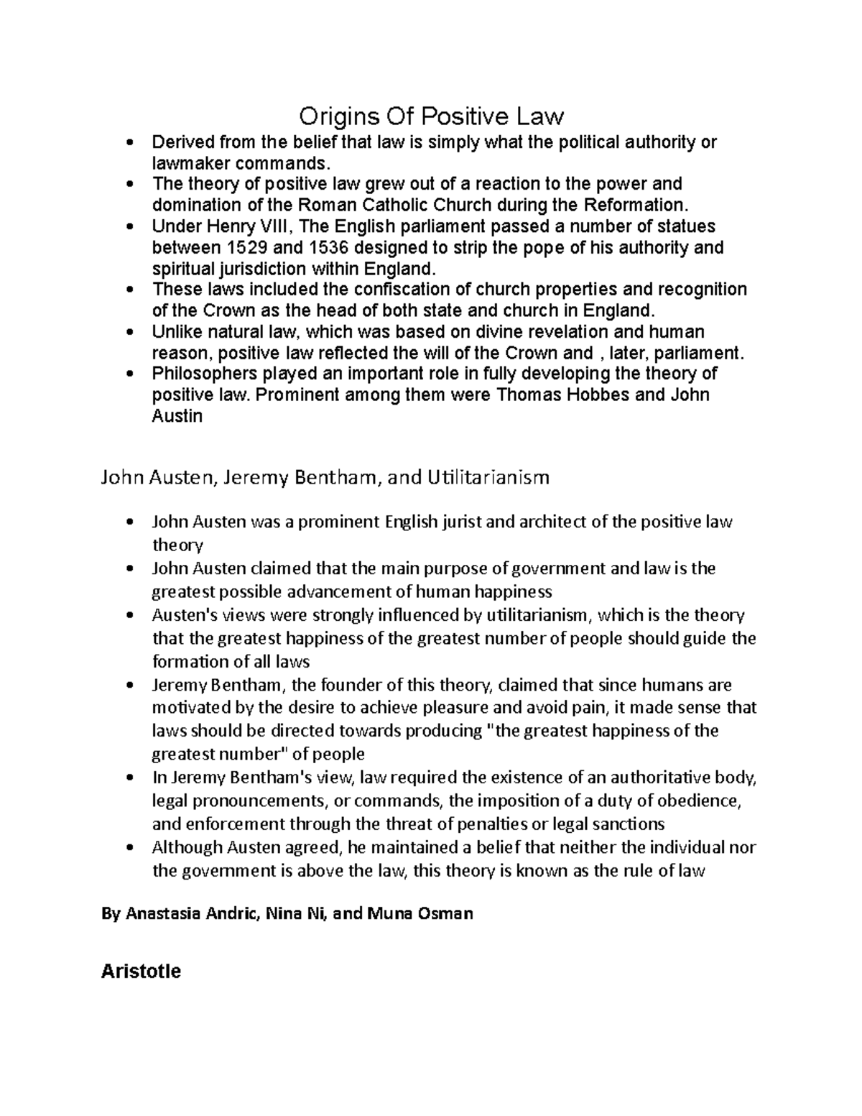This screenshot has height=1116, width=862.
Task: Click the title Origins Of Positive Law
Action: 431,115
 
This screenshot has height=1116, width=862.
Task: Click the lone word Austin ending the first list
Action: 177,416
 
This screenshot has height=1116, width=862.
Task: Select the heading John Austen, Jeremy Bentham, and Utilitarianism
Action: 325,477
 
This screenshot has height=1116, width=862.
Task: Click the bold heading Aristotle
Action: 141,972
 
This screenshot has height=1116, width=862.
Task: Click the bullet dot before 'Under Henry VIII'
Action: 129,227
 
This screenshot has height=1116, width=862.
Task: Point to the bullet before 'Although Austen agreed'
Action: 129,848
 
